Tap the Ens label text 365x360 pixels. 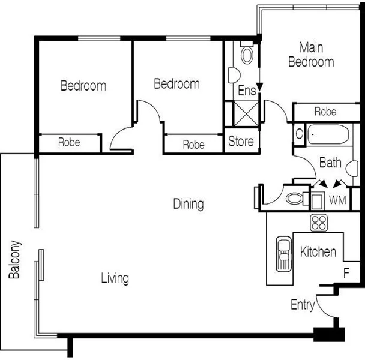(x=246, y=91)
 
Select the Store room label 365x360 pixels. (x=241, y=142)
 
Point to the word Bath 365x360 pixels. (x=330, y=162)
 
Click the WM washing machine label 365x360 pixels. (x=337, y=199)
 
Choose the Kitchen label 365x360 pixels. (x=318, y=252)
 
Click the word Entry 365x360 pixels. (x=303, y=305)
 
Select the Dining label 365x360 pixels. (x=188, y=204)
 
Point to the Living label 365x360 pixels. (x=115, y=278)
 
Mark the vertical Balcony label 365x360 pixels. (x=14, y=261)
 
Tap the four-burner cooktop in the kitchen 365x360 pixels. (x=318, y=223)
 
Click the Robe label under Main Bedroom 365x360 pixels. (x=325, y=112)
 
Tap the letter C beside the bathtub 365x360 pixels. (x=298, y=133)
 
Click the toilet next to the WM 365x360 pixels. (x=296, y=199)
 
